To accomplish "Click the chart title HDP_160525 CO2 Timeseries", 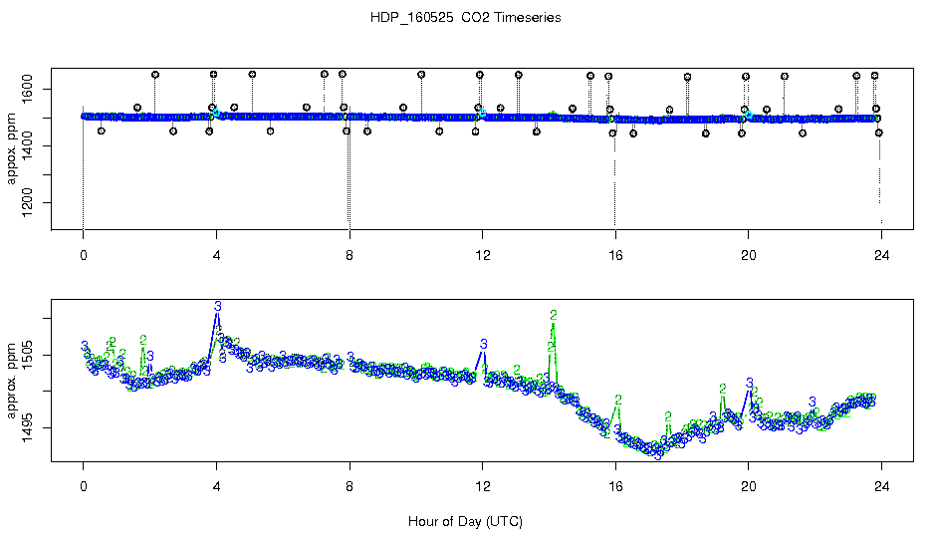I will click(465, 18).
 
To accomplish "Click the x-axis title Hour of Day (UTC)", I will click(465, 521).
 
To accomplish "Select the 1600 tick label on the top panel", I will click(28, 90).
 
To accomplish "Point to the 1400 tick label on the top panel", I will click(28, 146).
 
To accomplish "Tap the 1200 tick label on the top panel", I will click(28, 203).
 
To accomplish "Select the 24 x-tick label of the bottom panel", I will click(881, 488).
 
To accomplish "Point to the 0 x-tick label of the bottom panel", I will click(84, 488).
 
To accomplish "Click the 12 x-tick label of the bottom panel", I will click(483, 488).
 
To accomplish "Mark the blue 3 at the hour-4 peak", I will click(217, 305).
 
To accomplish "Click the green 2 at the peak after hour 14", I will click(553, 315).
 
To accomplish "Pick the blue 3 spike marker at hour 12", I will click(483, 344).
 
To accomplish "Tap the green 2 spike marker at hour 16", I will click(618, 400).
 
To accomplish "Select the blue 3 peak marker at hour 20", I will click(749, 382).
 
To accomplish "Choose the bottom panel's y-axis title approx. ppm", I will click(12, 384).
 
